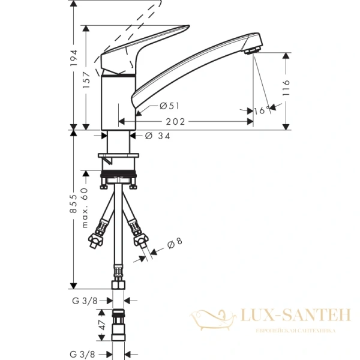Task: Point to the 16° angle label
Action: [260, 110]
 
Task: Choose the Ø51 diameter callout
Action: [170, 106]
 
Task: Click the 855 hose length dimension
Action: [73, 207]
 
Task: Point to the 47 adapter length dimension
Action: [103, 326]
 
